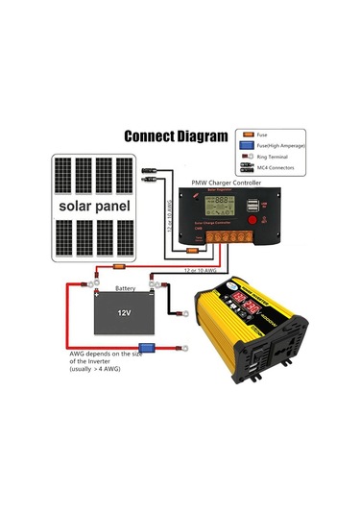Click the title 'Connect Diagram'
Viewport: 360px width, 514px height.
point(177,135)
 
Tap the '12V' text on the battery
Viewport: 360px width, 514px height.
point(124,313)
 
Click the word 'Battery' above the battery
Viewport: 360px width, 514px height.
point(126,287)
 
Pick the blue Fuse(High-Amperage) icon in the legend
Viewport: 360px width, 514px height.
point(248,143)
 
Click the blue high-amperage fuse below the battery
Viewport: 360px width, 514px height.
point(147,347)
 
